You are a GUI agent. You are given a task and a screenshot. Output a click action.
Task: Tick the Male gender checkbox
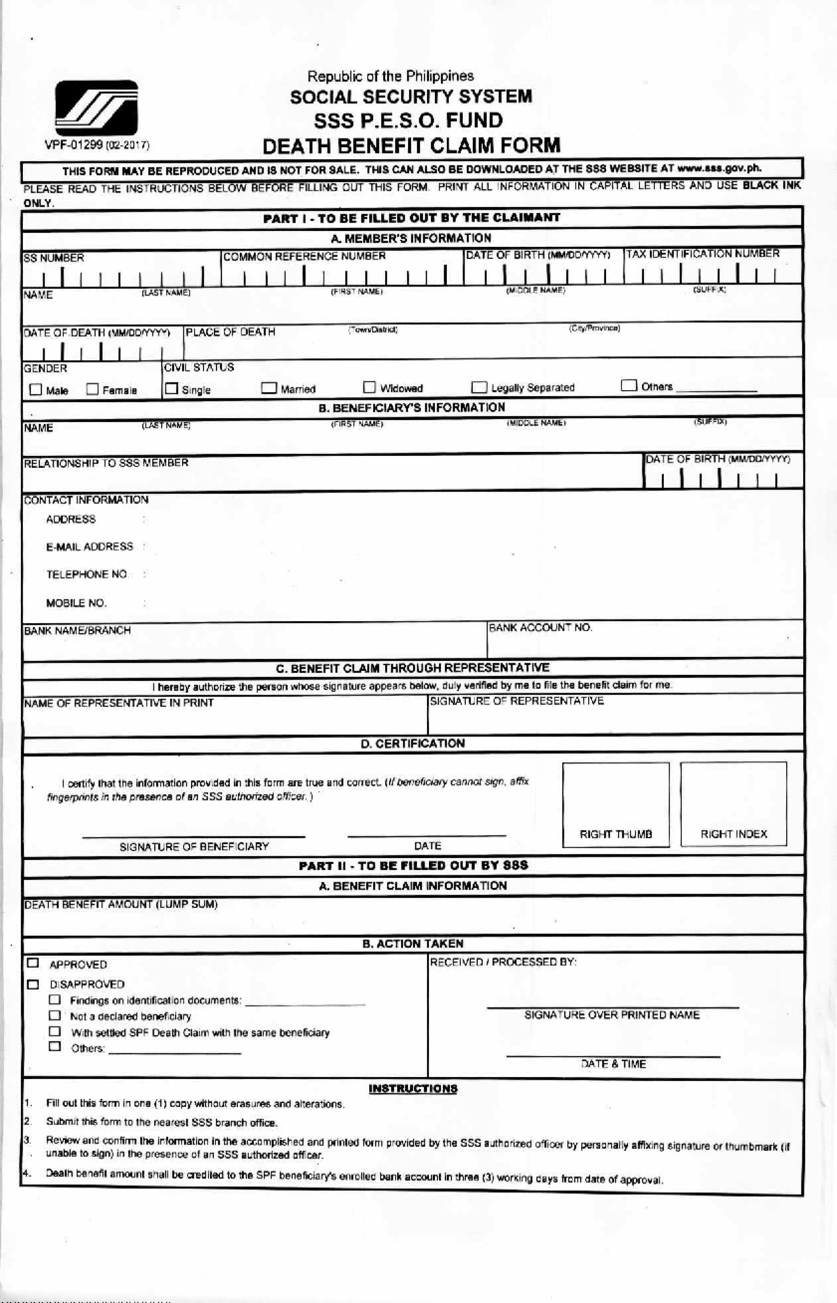[36, 390]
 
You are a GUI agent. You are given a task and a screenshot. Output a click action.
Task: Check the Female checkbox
[92, 390]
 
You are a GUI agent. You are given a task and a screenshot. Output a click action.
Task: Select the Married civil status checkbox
[269, 389]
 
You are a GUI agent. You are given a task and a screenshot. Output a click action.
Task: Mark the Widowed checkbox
[370, 387]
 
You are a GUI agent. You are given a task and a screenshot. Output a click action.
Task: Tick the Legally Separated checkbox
[479, 387]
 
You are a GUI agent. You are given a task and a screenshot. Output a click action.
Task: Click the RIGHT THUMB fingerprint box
[615, 804]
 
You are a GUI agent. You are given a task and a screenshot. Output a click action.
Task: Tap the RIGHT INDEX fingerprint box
[733, 804]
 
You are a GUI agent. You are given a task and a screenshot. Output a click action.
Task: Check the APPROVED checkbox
[33, 963]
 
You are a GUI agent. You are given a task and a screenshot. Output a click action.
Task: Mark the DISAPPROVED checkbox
[33, 984]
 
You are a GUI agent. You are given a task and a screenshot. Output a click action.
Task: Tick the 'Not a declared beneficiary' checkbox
[54, 1016]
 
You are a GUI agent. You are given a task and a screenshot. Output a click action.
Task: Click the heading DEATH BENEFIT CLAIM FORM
[411, 146]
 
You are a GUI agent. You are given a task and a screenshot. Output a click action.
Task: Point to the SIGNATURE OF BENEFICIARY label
[194, 846]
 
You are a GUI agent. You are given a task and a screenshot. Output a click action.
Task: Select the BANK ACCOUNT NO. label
[541, 628]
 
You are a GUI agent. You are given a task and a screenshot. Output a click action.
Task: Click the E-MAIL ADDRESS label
[89, 547]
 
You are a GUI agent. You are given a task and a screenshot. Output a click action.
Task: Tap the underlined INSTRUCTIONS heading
[412, 1089]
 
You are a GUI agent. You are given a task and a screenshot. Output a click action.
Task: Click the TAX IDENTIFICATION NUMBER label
[702, 254]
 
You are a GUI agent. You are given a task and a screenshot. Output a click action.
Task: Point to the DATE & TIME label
[613, 1064]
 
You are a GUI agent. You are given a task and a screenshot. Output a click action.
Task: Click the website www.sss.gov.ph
[718, 168]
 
